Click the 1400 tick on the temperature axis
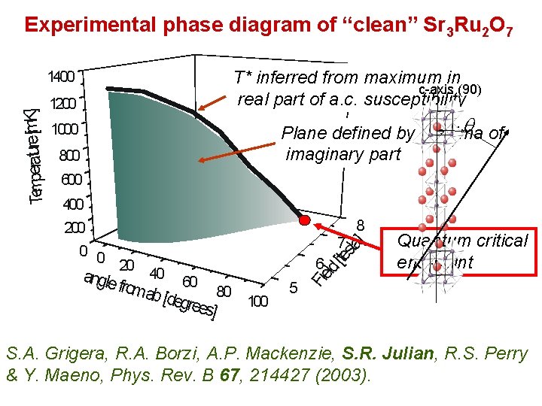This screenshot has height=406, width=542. pyautogui.click(x=61, y=77)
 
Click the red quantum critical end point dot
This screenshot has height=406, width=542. pyautogui.click(x=305, y=221)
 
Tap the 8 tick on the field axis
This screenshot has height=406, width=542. pyautogui.click(x=361, y=225)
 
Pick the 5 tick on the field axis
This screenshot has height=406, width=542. pyautogui.click(x=294, y=286)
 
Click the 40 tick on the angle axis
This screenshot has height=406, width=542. pyautogui.click(x=157, y=272)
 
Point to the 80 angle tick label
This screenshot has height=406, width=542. pyautogui.click(x=224, y=292)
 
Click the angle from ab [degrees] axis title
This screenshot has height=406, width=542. pyautogui.click(x=151, y=294)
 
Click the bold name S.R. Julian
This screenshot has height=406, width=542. pyautogui.click(x=379, y=353)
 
